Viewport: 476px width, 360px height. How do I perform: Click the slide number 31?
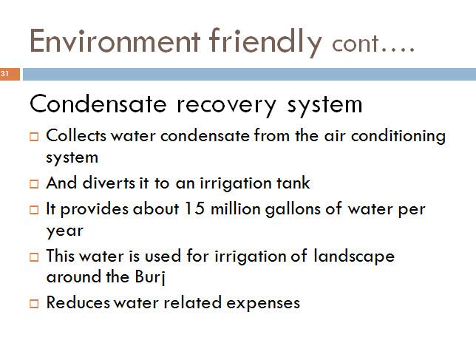[x=4, y=73]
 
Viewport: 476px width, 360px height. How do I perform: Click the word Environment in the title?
[x=115, y=41]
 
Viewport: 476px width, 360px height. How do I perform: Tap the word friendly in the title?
[x=265, y=42]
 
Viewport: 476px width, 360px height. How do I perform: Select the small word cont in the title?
[x=356, y=44]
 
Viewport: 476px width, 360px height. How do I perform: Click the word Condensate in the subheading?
[x=98, y=103]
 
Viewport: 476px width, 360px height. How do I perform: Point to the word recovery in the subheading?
[x=226, y=106]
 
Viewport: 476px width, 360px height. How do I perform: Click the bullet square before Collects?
[x=34, y=136]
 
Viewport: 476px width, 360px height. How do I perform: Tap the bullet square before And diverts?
[x=34, y=184]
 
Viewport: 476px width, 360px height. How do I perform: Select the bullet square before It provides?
[x=34, y=210]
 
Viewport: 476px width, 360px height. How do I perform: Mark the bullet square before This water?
[x=34, y=257]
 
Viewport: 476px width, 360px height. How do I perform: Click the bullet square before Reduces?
[x=34, y=304]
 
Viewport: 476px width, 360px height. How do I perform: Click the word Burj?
[x=150, y=277]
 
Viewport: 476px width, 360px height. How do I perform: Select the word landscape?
[x=354, y=257]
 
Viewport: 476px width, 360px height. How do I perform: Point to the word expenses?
[x=263, y=304]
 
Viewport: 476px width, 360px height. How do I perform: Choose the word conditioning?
[x=398, y=136]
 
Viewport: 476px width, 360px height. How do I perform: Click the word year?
[x=64, y=231]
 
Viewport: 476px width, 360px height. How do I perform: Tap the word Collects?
[x=76, y=135]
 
